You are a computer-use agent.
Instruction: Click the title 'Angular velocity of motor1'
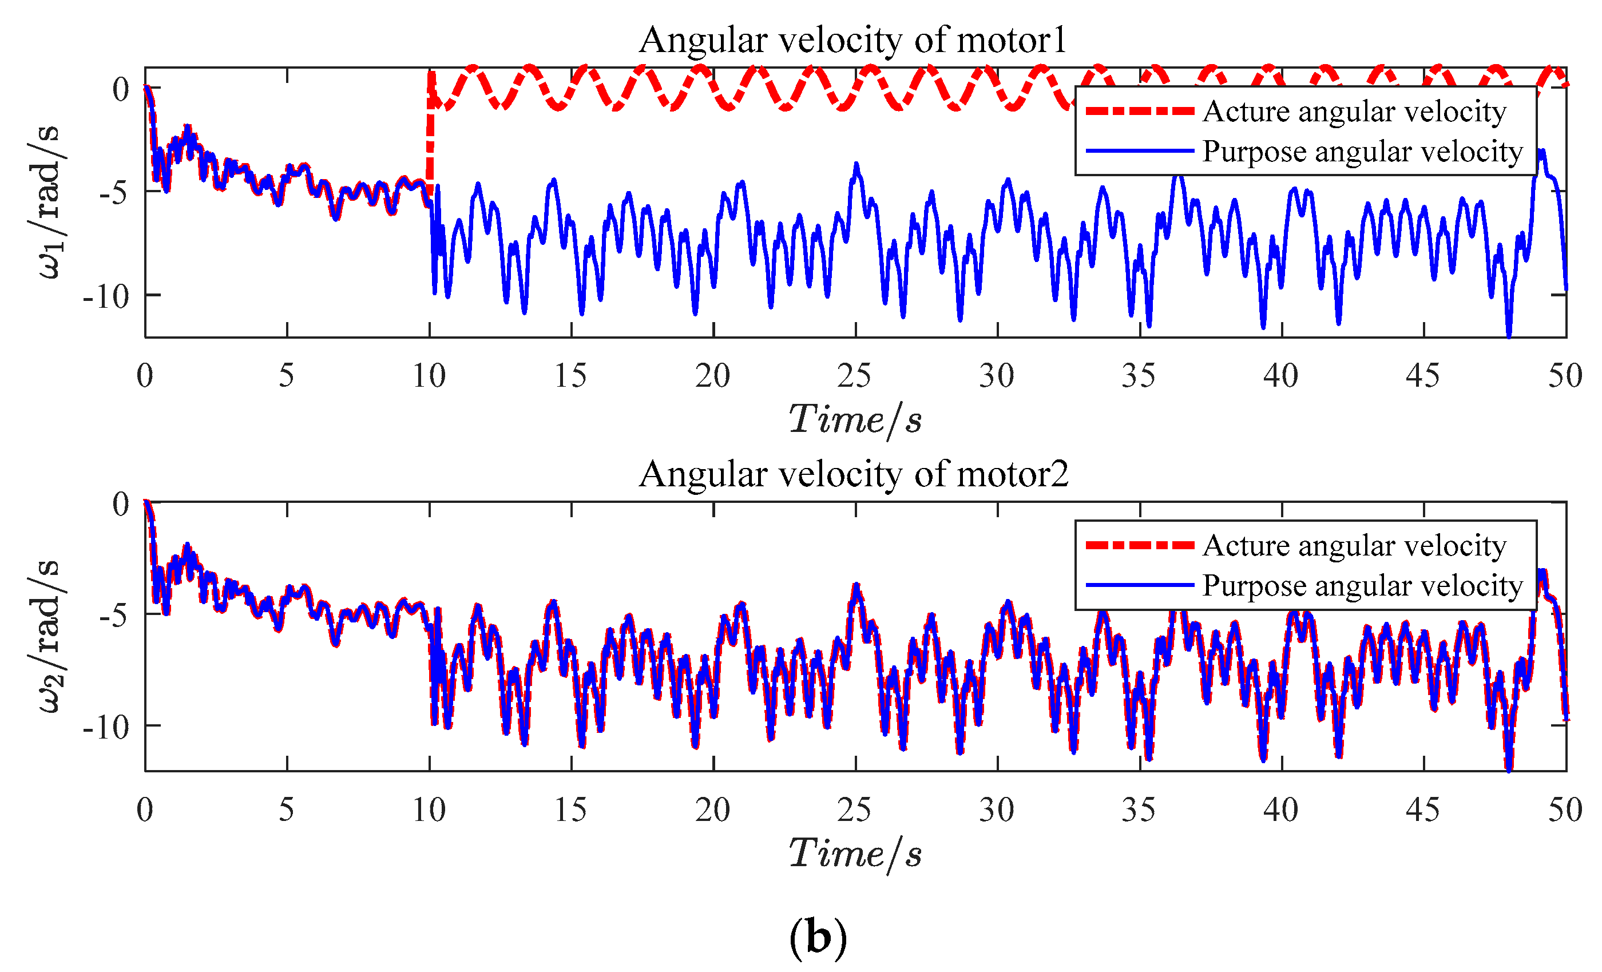pos(852,40)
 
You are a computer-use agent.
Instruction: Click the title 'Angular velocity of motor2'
pos(853,474)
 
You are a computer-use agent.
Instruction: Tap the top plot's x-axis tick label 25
pos(854,376)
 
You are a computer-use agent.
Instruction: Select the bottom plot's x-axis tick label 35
pos(1139,810)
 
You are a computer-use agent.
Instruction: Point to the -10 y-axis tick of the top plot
pos(106,297)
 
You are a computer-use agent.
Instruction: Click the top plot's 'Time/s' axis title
pos(855,420)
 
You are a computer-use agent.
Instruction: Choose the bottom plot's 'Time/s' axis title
pos(855,854)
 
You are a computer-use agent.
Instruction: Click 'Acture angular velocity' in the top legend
pos(1354,111)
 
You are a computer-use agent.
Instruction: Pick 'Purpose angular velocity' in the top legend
pos(1363,152)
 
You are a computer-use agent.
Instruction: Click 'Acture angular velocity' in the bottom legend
pos(1354,545)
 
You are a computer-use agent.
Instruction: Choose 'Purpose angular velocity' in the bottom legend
pos(1363,586)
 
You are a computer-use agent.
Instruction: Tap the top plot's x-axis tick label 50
pos(1565,376)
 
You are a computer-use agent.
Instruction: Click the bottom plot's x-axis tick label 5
pos(286,810)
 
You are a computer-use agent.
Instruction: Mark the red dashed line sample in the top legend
pos(1140,111)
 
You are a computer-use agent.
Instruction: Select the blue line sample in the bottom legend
pos(1140,586)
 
